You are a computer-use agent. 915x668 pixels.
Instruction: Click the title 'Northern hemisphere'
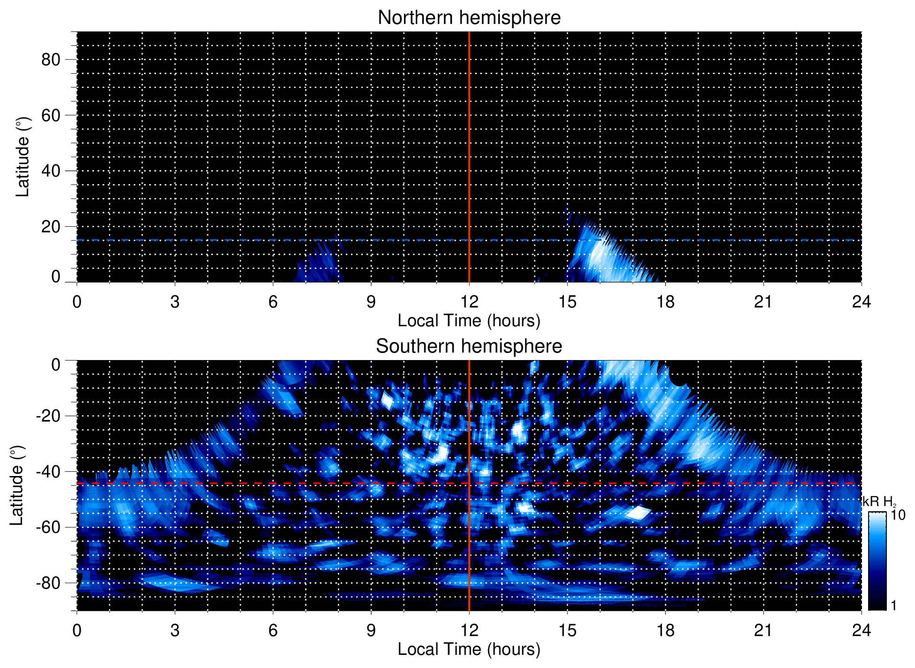tap(469, 18)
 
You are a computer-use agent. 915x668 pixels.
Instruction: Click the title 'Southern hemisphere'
tap(469, 346)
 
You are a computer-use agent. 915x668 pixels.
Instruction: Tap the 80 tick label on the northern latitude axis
tap(51, 60)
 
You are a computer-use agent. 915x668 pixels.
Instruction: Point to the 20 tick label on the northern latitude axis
tap(51, 227)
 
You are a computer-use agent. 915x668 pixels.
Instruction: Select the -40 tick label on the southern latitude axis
tap(48, 471)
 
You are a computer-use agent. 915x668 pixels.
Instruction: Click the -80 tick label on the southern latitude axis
tap(48, 583)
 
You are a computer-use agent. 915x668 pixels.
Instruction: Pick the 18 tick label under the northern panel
tap(665, 302)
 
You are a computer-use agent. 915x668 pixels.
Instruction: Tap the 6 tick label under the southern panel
tap(273, 630)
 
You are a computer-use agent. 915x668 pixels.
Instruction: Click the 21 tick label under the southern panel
tap(763, 630)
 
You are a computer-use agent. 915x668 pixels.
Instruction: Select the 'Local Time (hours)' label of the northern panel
tap(469, 321)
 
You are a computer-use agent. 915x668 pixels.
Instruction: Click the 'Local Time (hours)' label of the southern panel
tap(469, 650)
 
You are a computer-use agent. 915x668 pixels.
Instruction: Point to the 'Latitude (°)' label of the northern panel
tap(23, 157)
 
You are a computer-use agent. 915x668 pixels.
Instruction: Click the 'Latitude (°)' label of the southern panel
tap(17, 485)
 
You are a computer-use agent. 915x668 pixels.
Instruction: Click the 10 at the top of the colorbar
tap(898, 515)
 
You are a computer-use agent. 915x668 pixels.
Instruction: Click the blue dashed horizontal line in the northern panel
tap(235, 240)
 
